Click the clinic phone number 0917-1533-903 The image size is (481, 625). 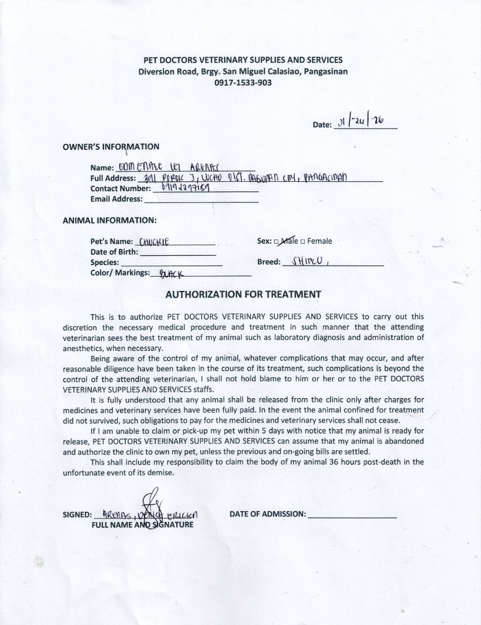(243, 83)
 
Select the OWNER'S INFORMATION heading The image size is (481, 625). (111, 146)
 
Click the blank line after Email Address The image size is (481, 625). (201, 199)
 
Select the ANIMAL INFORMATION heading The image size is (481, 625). (109, 220)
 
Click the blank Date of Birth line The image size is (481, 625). (177, 252)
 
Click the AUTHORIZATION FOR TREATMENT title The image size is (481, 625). (243, 294)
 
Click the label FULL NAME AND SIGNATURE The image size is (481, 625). (142, 525)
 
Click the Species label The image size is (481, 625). (105, 262)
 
